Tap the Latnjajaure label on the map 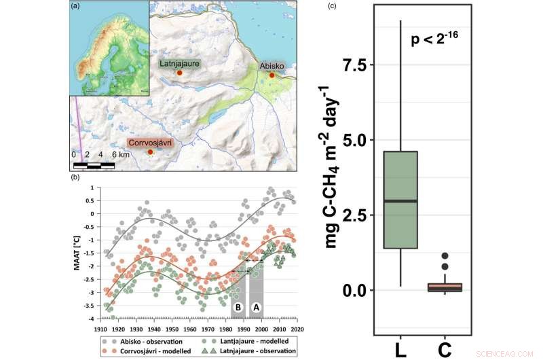[x=179, y=63]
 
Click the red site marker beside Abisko [x=272, y=75]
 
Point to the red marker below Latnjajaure [x=179, y=72]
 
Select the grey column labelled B [x=238, y=294]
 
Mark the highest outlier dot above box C [x=444, y=256]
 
